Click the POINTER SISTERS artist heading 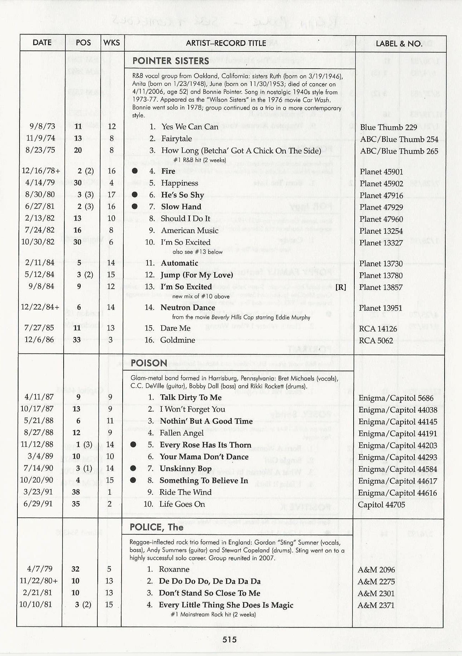coord(171,61)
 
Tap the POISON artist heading coord(149,363)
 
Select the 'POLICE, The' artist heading coord(156,527)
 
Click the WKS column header coord(112,43)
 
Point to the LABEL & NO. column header coord(399,44)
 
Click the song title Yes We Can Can coord(190,127)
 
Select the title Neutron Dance coord(188,308)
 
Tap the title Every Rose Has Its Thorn coord(205,445)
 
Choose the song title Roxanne coord(174,569)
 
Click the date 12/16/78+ coord(41,171)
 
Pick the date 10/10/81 coord(36,604)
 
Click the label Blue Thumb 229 coord(388,127)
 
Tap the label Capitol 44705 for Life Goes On coord(381,505)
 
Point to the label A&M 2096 coord(376,570)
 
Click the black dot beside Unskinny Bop coord(133,469)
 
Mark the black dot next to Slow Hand coord(135,207)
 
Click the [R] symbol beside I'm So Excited coord(340,287)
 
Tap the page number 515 coord(230,639)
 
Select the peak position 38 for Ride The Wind coord(76,492)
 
